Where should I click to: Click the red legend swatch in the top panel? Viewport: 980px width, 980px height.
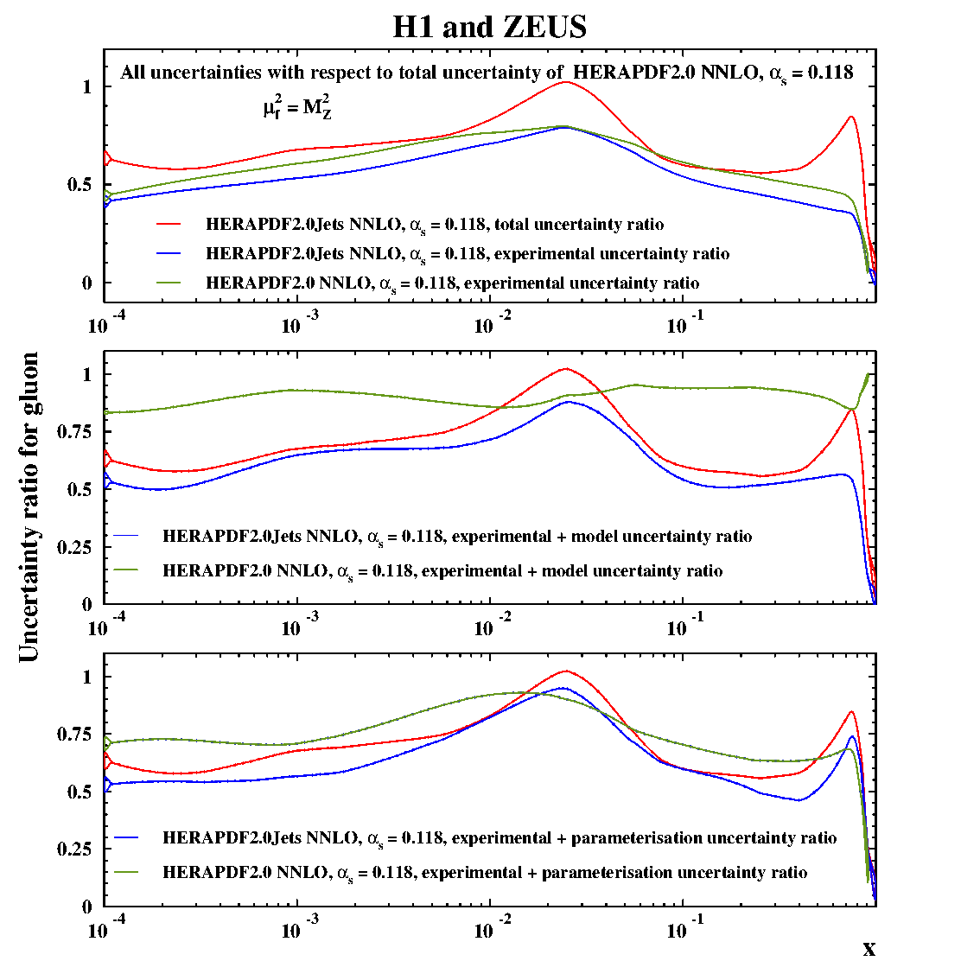pos(169,224)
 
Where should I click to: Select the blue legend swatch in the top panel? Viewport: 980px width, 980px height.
pos(169,253)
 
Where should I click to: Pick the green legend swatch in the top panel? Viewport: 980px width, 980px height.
pos(169,283)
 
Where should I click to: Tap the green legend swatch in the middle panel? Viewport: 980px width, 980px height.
pos(126,570)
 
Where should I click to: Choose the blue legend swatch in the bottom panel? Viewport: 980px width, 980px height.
pos(126,837)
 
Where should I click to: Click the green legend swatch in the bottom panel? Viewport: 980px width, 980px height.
pos(126,872)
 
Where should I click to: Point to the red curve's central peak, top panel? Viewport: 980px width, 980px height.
pos(566,82)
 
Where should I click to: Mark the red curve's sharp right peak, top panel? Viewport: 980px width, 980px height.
pos(851,117)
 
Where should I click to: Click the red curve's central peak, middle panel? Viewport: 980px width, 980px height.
pos(566,369)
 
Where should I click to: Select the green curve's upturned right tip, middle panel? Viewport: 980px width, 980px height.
pos(867,375)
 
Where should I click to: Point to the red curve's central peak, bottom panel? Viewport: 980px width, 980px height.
pos(566,671)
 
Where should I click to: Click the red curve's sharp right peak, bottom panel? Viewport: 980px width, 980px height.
pos(852,712)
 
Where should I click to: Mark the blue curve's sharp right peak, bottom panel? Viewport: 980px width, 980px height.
pos(852,737)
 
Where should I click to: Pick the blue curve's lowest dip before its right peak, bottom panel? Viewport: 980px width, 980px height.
pos(798,800)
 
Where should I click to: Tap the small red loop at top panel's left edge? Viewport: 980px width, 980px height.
pos(107,158)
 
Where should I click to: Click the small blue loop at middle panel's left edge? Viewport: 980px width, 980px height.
pos(107,480)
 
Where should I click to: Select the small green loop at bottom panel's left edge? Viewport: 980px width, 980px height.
pos(107,743)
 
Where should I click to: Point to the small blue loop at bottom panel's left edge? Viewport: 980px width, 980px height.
pos(107,785)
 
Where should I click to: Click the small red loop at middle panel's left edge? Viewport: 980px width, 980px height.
pos(107,458)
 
